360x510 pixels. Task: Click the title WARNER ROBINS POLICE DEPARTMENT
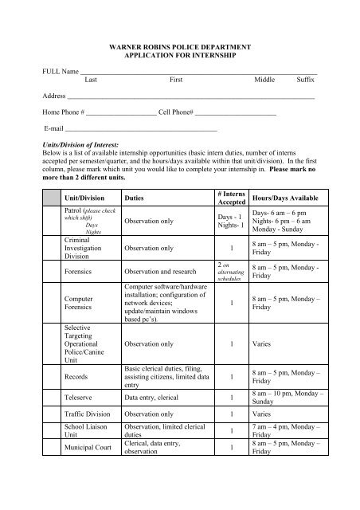click(x=180, y=49)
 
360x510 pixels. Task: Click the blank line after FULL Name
click(x=199, y=73)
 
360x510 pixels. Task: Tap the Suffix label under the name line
click(x=306, y=81)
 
